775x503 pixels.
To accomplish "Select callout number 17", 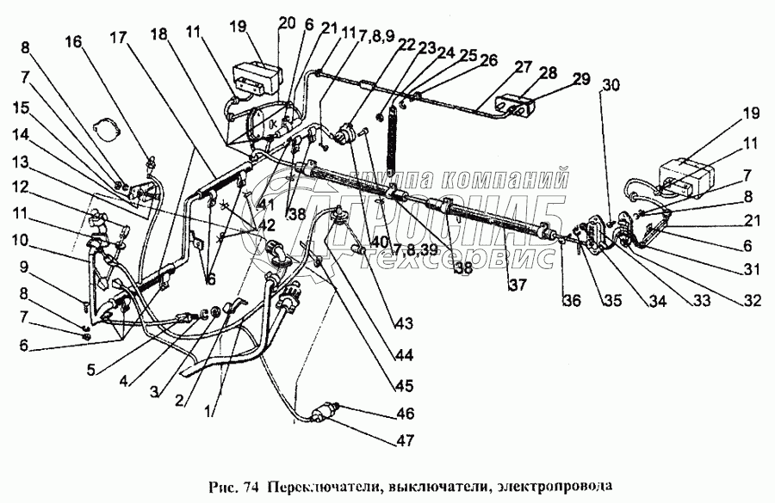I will pos(117,37).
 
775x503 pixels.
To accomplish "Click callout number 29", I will pos(583,78).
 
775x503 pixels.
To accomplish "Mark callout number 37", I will pos(517,285).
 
